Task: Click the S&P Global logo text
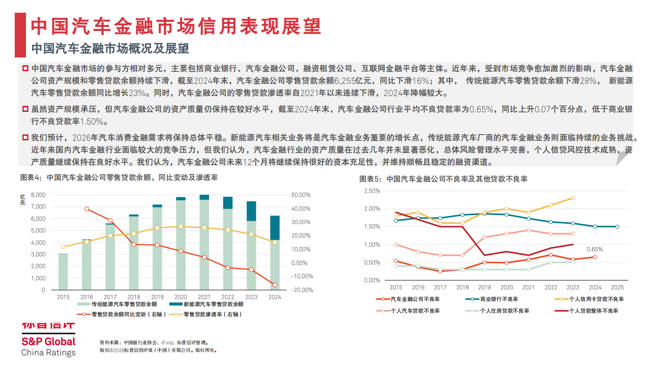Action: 48,342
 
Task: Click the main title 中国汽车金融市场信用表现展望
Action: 175,25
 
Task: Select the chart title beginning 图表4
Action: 119,178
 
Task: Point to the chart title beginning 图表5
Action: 443,179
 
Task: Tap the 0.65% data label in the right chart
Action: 595,249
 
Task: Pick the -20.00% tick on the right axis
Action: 302,290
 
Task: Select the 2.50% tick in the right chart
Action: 373,191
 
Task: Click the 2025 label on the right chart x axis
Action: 617,287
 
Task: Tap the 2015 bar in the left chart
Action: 63,271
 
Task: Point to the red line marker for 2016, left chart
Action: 87,209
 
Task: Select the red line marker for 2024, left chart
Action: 275,285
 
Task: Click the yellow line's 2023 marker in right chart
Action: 573,198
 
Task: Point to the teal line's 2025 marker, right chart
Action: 617,227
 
